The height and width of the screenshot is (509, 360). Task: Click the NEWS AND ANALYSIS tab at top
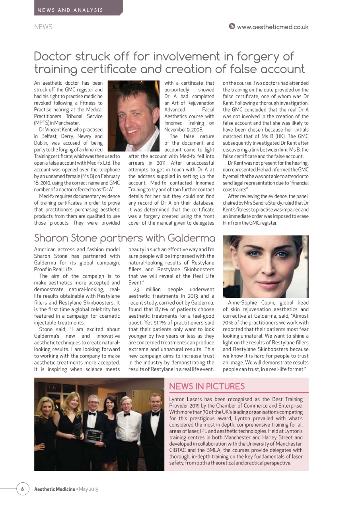[x=70, y=10]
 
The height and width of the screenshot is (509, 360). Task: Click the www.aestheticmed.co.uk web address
[x=272, y=27]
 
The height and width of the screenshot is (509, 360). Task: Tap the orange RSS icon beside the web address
[x=232, y=27]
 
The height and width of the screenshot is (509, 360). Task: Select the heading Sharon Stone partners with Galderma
[x=125, y=238]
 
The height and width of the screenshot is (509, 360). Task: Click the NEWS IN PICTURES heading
[x=207, y=386]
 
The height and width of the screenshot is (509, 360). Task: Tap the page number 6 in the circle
[x=23, y=489]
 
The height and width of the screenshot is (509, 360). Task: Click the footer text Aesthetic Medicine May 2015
[x=66, y=489]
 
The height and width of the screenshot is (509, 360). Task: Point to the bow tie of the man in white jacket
[x=126, y=414]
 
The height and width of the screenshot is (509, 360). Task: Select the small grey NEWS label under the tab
[x=43, y=27]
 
